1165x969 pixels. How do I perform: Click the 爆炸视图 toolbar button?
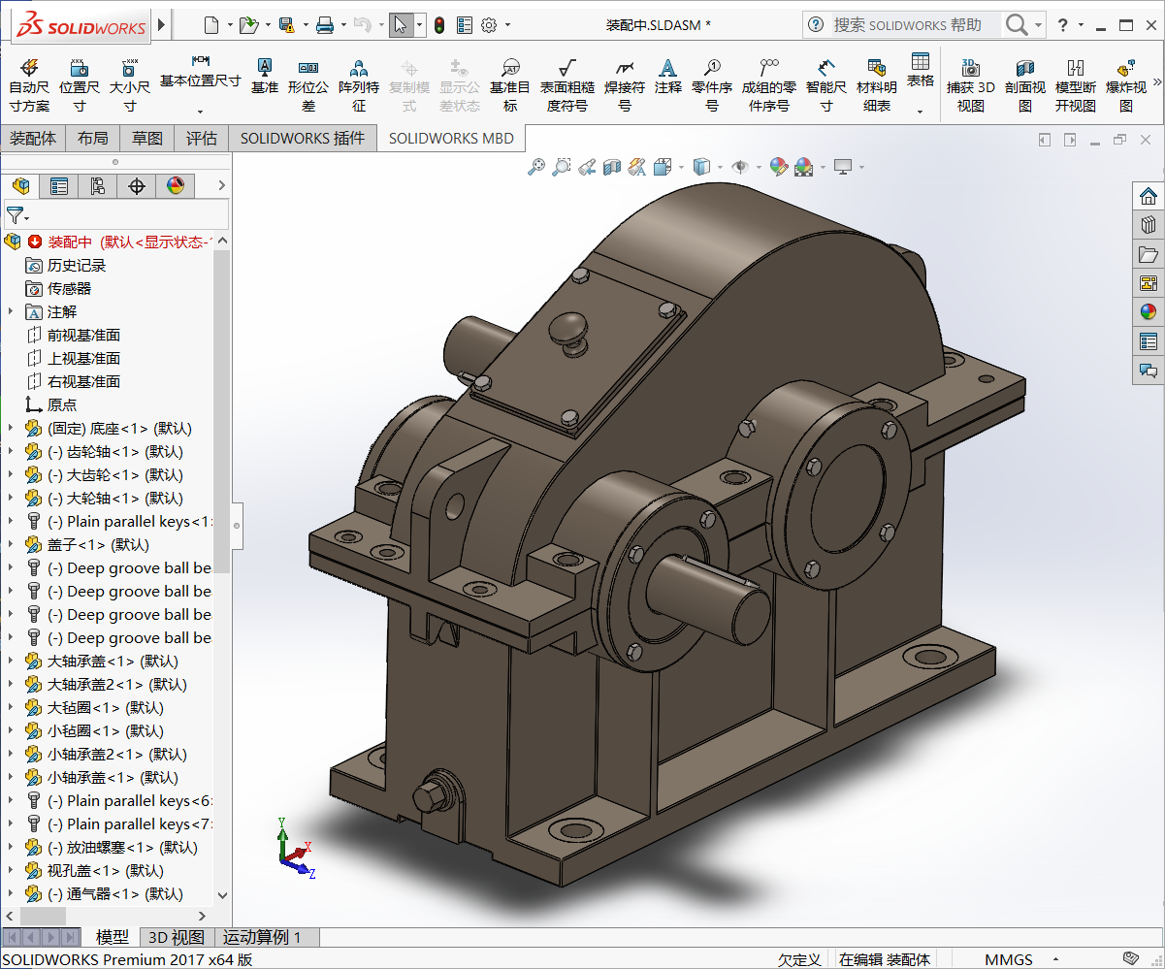click(1125, 84)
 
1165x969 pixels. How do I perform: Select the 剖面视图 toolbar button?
click(1024, 84)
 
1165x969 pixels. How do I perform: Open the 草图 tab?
click(147, 139)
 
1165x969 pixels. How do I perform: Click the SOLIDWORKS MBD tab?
click(451, 139)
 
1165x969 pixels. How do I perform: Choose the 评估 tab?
click(202, 139)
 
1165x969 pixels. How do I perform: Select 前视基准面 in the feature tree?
click(83, 336)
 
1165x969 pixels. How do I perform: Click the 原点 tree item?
click(62, 405)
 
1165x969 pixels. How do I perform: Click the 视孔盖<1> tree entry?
click(105, 871)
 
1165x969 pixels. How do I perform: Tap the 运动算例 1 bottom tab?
click(262, 937)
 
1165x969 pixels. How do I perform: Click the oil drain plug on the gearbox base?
click(432, 796)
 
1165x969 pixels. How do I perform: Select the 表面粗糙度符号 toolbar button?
click(567, 84)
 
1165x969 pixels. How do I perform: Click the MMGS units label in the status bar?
click(1009, 959)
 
